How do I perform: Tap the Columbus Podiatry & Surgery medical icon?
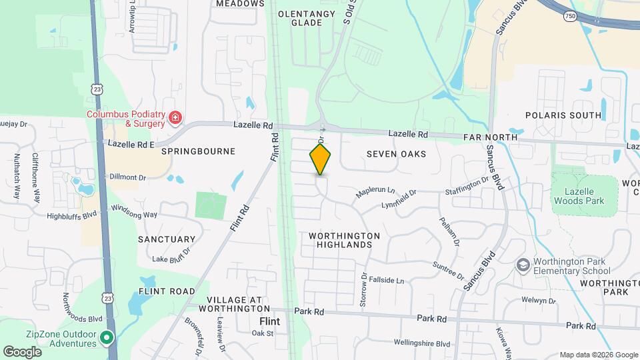(175, 119)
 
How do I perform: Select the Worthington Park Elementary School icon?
(523, 265)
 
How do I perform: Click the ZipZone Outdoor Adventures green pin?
(106, 338)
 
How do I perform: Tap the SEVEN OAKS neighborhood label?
(396, 154)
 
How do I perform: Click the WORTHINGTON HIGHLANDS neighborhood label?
(344, 240)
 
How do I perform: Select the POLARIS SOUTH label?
(563, 115)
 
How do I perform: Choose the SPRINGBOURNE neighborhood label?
(198, 151)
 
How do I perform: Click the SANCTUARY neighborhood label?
(167, 239)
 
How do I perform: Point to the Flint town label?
(269, 321)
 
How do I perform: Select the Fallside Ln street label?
(387, 281)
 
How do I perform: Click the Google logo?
(22, 351)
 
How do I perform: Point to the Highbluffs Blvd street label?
(72, 215)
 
